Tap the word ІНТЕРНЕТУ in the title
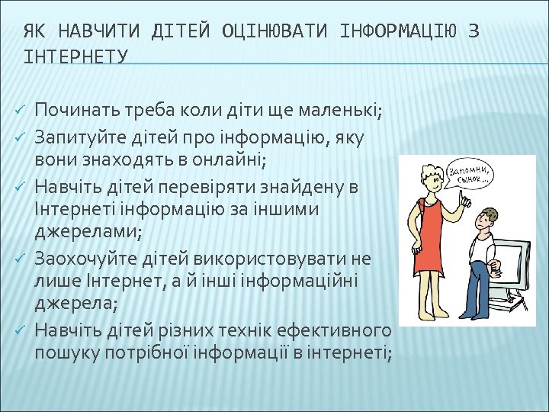coord(75,57)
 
